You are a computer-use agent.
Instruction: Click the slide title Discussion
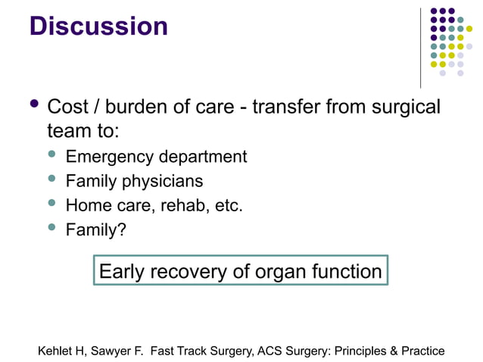98,27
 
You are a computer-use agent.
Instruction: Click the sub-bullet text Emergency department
156,157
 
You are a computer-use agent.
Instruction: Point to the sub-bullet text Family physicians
134,182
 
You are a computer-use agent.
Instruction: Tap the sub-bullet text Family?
95,230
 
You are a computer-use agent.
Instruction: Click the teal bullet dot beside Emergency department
52,155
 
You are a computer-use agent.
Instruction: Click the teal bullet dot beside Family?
52,229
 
